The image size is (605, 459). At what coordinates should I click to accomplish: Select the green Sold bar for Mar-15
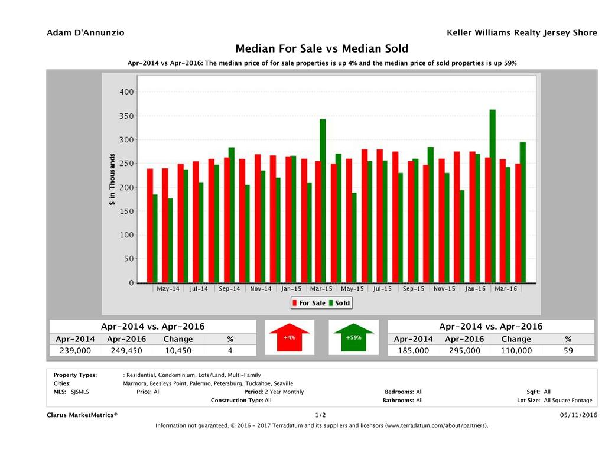323,201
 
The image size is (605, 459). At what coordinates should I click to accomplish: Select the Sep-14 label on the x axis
229,289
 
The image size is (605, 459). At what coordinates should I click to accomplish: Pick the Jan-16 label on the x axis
476,289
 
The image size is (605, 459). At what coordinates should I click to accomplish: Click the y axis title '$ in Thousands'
112,180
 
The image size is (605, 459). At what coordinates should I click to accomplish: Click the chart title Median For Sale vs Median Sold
321,48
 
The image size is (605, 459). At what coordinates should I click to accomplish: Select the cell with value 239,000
75,350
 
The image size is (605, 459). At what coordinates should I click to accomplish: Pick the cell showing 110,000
516,350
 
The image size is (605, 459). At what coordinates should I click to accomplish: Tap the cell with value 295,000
464,350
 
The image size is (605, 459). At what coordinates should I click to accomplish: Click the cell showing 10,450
178,350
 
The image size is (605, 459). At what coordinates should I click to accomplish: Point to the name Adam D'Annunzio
86,33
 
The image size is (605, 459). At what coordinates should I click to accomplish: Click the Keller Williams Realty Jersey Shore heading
522,33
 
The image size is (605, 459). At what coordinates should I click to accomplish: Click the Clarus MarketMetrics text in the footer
82,415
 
